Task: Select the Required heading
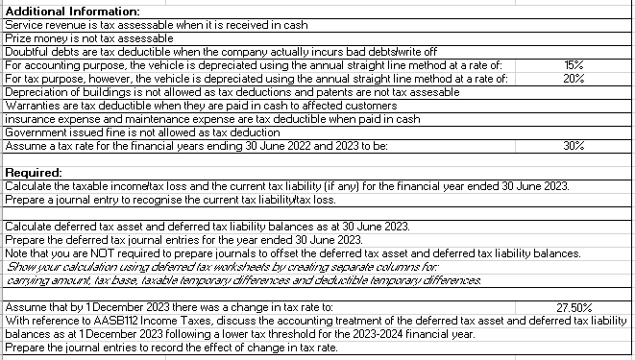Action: click(33, 172)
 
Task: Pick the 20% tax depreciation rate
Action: click(574, 79)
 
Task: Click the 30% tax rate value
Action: click(574, 146)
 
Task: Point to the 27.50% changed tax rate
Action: click(576, 307)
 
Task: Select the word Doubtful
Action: click(26, 51)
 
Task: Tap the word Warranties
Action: click(32, 106)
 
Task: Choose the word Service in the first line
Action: click(23, 24)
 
